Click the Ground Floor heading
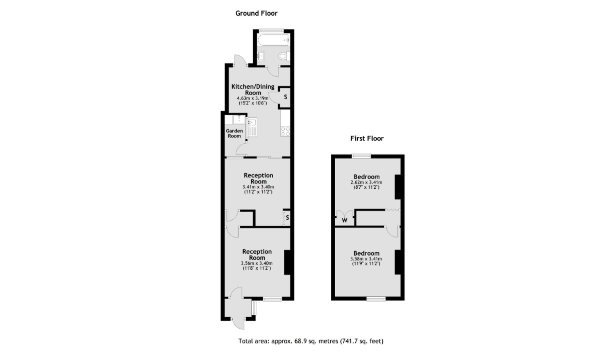tap(256, 13)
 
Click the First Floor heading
tap(367, 138)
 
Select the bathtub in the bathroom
tap(274, 40)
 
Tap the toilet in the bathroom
tap(284, 56)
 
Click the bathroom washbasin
tap(260, 56)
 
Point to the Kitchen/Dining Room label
tap(253, 90)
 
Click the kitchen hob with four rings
tap(285, 131)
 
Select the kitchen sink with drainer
tap(252, 128)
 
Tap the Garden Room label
tap(234, 133)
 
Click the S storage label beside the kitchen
tap(286, 97)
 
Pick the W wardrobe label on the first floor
tap(345, 220)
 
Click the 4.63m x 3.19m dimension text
tap(252, 98)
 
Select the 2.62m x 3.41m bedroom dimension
tap(366, 182)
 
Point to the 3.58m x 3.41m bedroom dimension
tap(366, 259)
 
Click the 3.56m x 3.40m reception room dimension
tap(257, 263)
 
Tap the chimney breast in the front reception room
tap(287, 262)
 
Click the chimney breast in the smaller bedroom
tap(398, 187)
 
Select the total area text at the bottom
tap(311, 341)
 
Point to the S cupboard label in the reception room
tap(288, 218)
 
